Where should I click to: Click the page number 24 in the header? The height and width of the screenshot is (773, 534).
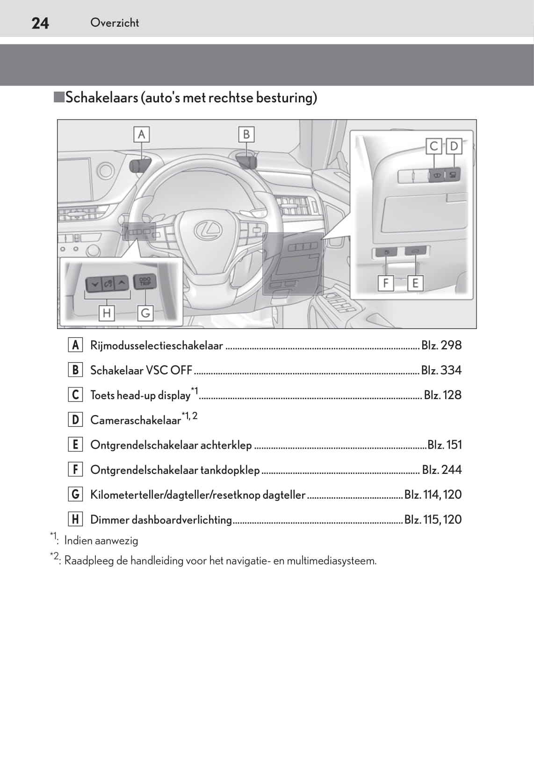pyautogui.click(x=40, y=23)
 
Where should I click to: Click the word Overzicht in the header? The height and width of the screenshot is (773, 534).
pyautogui.click(x=115, y=22)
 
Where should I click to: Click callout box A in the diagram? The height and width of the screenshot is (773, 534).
pyautogui.click(x=141, y=135)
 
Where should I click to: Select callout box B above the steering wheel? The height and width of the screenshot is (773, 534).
pyautogui.click(x=246, y=135)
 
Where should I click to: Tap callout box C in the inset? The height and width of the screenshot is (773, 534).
pyautogui.click(x=433, y=146)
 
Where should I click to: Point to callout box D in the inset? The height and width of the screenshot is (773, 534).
pyautogui.click(x=454, y=146)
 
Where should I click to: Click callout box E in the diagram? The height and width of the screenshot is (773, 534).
pyautogui.click(x=415, y=283)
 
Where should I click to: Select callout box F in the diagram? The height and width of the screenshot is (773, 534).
pyautogui.click(x=385, y=283)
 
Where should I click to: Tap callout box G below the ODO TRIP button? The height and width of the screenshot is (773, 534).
pyautogui.click(x=145, y=313)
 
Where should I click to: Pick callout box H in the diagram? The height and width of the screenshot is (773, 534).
pyautogui.click(x=107, y=313)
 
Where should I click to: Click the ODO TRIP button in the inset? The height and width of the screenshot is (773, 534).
pyautogui.click(x=145, y=282)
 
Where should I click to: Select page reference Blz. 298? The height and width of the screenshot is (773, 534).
pyautogui.click(x=441, y=345)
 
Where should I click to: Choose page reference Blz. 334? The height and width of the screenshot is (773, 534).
pyautogui.click(x=441, y=370)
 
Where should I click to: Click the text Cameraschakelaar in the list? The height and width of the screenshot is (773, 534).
pyautogui.click(x=135, y=420)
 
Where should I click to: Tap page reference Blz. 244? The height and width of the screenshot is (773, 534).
pyautogui.click(x=441, y=470)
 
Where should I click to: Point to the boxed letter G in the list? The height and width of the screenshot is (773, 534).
pyautogui.click(x=75, y=494)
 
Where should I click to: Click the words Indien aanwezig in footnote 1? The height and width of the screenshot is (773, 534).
pyautogui.click(x=101, y=541)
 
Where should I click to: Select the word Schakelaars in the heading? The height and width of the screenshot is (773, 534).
pyautogui.click(x=101, y=98)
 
